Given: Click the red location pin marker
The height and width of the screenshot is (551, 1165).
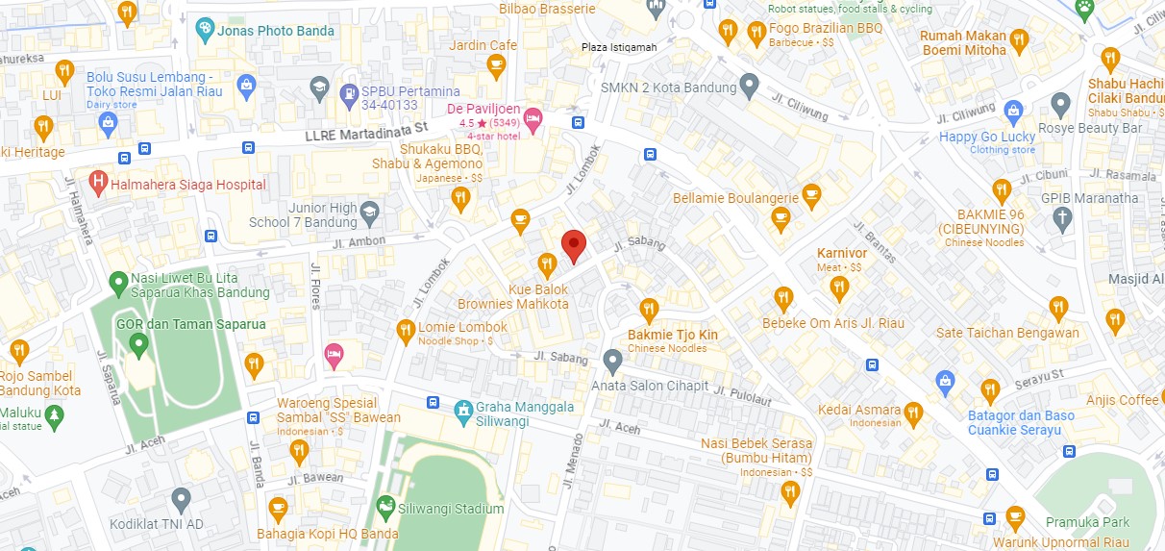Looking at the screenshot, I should point(573,245).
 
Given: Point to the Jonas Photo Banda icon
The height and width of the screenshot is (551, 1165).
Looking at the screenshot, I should point(205,30).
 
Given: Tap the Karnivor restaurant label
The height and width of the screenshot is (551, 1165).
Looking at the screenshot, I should point(842,253).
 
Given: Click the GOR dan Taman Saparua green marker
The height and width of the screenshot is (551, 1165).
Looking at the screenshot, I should point(138,342).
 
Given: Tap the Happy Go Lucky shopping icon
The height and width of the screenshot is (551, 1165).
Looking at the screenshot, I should point(1012,110).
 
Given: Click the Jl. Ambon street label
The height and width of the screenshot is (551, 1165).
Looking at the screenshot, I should point(359,242).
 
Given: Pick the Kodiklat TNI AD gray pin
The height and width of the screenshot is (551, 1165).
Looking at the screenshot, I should point(181,498).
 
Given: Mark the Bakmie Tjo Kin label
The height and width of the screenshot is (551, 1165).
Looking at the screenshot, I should point(672,335).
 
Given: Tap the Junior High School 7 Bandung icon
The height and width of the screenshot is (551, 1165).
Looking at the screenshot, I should point(369,211).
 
